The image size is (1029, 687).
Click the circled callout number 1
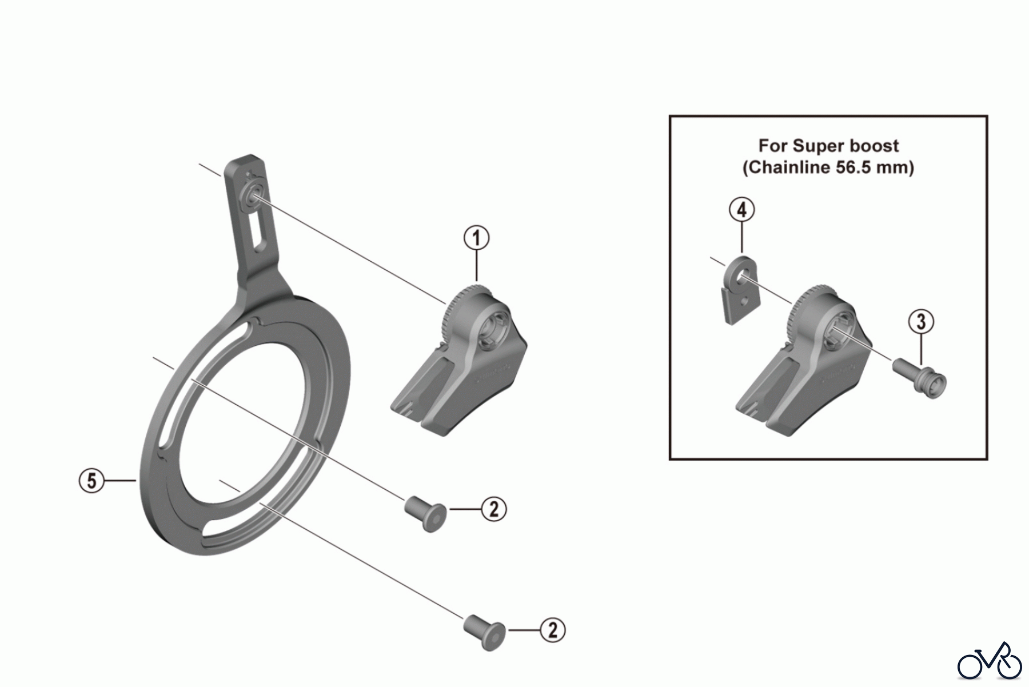476,238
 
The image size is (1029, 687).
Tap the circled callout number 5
91,481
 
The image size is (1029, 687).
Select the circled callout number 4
741,210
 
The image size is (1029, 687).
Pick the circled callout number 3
921,322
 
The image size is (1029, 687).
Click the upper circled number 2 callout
494,508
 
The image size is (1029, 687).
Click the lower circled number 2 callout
553,630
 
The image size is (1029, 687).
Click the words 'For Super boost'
828,146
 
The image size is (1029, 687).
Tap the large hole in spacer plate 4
741,276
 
